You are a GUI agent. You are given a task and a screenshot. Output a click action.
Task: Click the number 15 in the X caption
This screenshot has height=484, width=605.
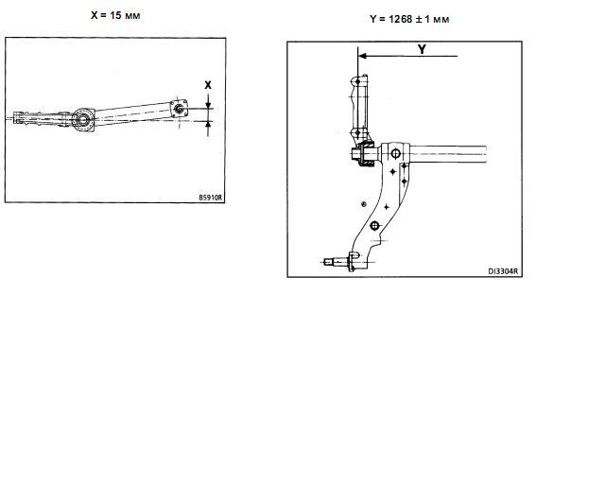[115, 15]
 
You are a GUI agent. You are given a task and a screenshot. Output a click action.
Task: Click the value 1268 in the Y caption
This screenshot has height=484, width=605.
[401, 19]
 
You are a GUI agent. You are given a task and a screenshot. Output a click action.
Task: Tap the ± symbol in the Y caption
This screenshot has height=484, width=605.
[419, 19]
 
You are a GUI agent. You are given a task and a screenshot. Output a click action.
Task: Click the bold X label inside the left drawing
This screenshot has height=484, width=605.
[208, 85]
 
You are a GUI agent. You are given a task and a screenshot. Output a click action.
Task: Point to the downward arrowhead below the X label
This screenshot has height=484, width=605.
[208, 105]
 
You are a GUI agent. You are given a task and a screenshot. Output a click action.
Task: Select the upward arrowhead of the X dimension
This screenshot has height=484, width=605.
[208, 124]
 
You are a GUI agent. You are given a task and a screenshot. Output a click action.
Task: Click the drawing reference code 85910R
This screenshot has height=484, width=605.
[211, 198]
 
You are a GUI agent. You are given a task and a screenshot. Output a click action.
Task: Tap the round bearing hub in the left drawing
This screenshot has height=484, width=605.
[82, 119]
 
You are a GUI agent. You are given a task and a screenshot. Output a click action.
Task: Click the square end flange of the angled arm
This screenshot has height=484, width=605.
[179, 109]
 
